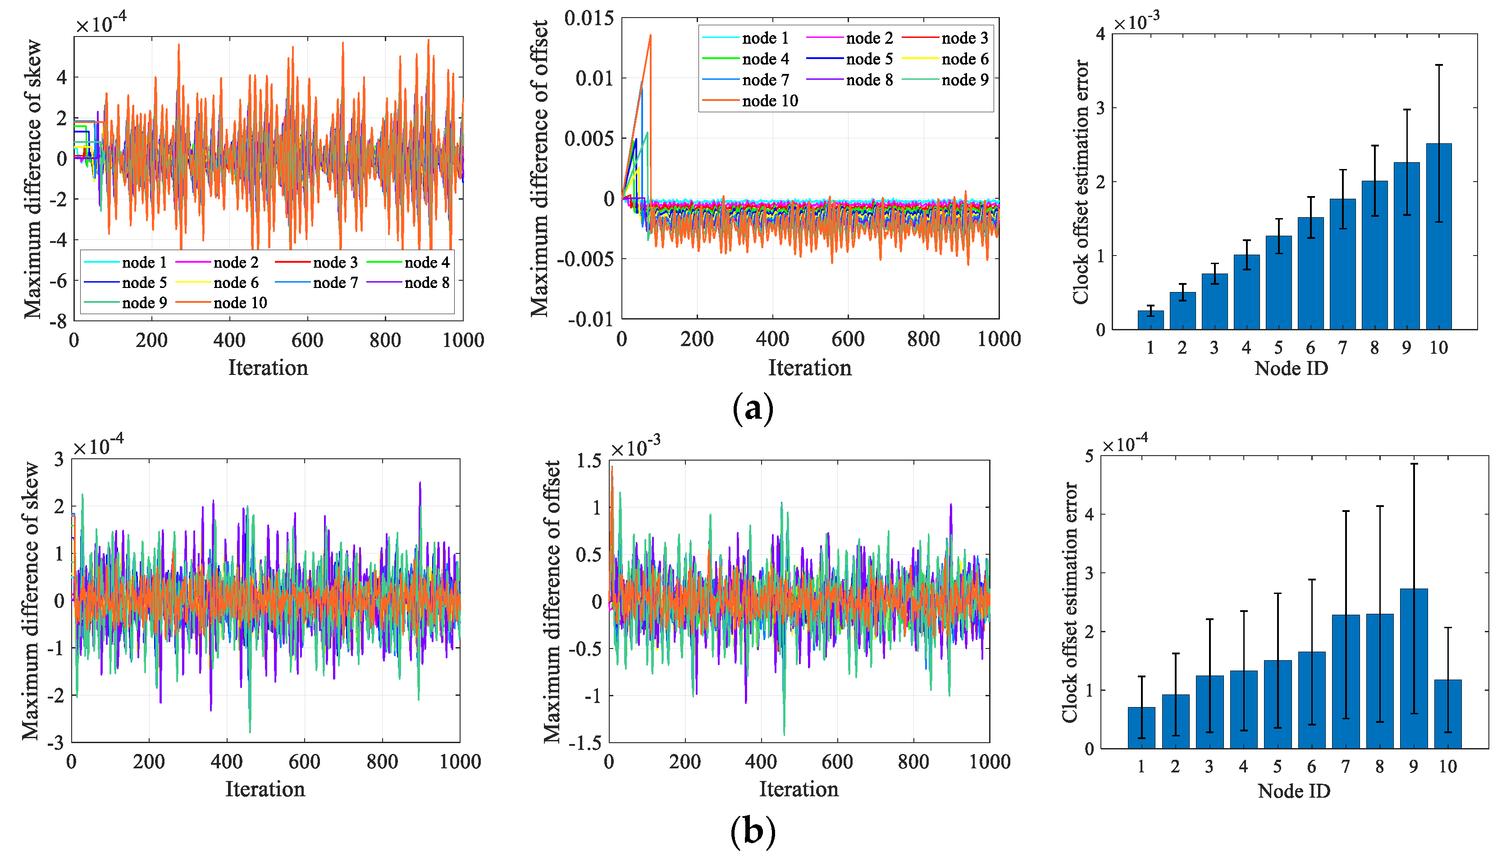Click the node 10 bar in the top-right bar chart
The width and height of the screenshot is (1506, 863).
pos(1438,237)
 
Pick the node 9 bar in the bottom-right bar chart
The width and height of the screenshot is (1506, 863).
pos(1414,670)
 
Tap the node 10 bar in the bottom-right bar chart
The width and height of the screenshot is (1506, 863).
pos(1448,714)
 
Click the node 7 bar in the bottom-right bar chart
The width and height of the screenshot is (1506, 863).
pos(1346,682)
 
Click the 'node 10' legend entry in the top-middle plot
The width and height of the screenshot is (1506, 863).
pos(769,101)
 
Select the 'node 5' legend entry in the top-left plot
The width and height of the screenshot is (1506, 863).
pos(144,283)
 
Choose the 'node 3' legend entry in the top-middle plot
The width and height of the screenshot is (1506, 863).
pos(964,38)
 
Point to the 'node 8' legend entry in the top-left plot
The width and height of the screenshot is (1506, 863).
pos(427,283)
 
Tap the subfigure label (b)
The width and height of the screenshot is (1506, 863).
pos(753,831)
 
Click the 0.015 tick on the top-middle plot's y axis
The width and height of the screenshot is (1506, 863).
pos(589,18)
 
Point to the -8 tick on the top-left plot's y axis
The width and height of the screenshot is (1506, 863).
pos(58,322)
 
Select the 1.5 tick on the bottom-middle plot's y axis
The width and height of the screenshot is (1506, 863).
pos(589,461)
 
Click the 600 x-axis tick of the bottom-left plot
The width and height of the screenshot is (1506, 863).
pos(304,762)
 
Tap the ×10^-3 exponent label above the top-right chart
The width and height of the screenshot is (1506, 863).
pos(1136,23)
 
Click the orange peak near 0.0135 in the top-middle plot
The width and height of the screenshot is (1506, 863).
pos(650,36)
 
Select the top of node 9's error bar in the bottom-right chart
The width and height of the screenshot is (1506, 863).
pos(1414,464)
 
